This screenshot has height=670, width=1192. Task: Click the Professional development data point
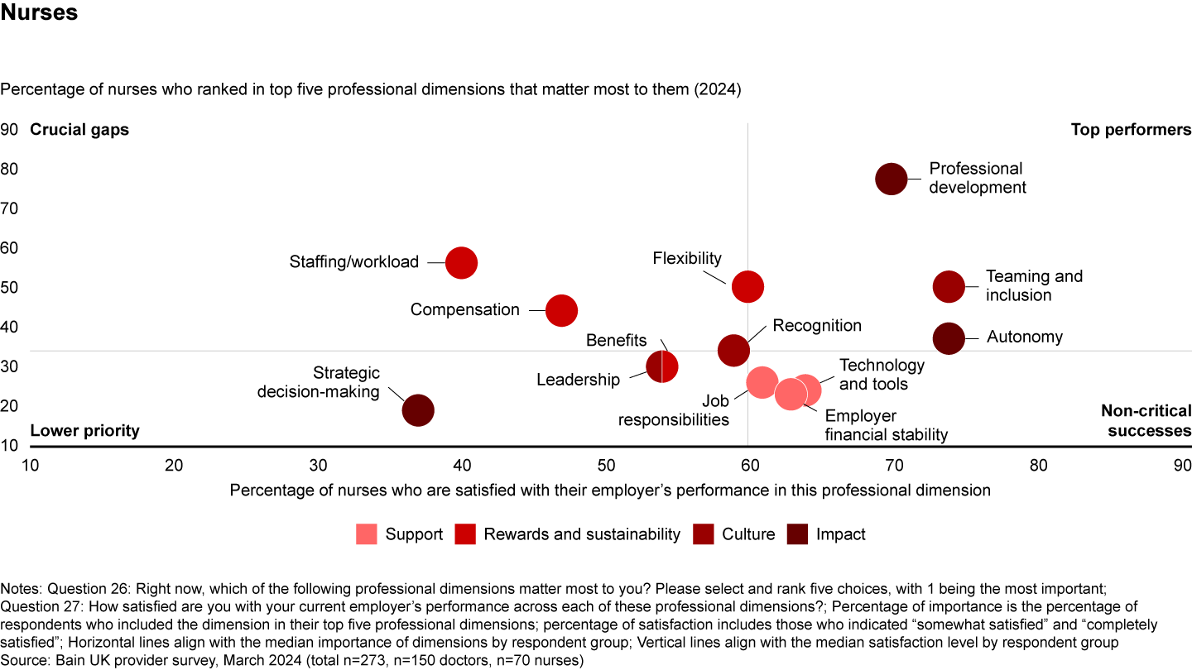point(891,179)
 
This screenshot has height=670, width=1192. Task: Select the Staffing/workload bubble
point(461,262)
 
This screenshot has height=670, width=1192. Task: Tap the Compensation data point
point(561,310)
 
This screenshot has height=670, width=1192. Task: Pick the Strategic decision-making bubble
point(418,409)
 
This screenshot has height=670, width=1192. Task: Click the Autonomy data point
point(949,337)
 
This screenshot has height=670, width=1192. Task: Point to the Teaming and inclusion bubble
point(949,286)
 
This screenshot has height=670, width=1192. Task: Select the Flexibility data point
point(747,286)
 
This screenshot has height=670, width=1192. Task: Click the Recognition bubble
point(733,350)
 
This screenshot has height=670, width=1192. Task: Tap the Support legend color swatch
point(367,534)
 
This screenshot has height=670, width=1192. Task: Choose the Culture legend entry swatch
point(703,534)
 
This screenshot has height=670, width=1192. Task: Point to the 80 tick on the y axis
point(10,169)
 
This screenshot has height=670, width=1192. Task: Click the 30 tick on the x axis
point(318,466)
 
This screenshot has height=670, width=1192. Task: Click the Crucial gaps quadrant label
point(79,130)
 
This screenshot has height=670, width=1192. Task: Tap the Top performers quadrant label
point(1131,130)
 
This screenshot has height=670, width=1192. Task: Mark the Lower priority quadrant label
point(84,431)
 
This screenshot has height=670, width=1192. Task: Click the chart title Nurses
point(39,13)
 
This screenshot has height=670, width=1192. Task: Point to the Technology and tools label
point(882,375)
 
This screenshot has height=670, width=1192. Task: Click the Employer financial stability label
point(886,425)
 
